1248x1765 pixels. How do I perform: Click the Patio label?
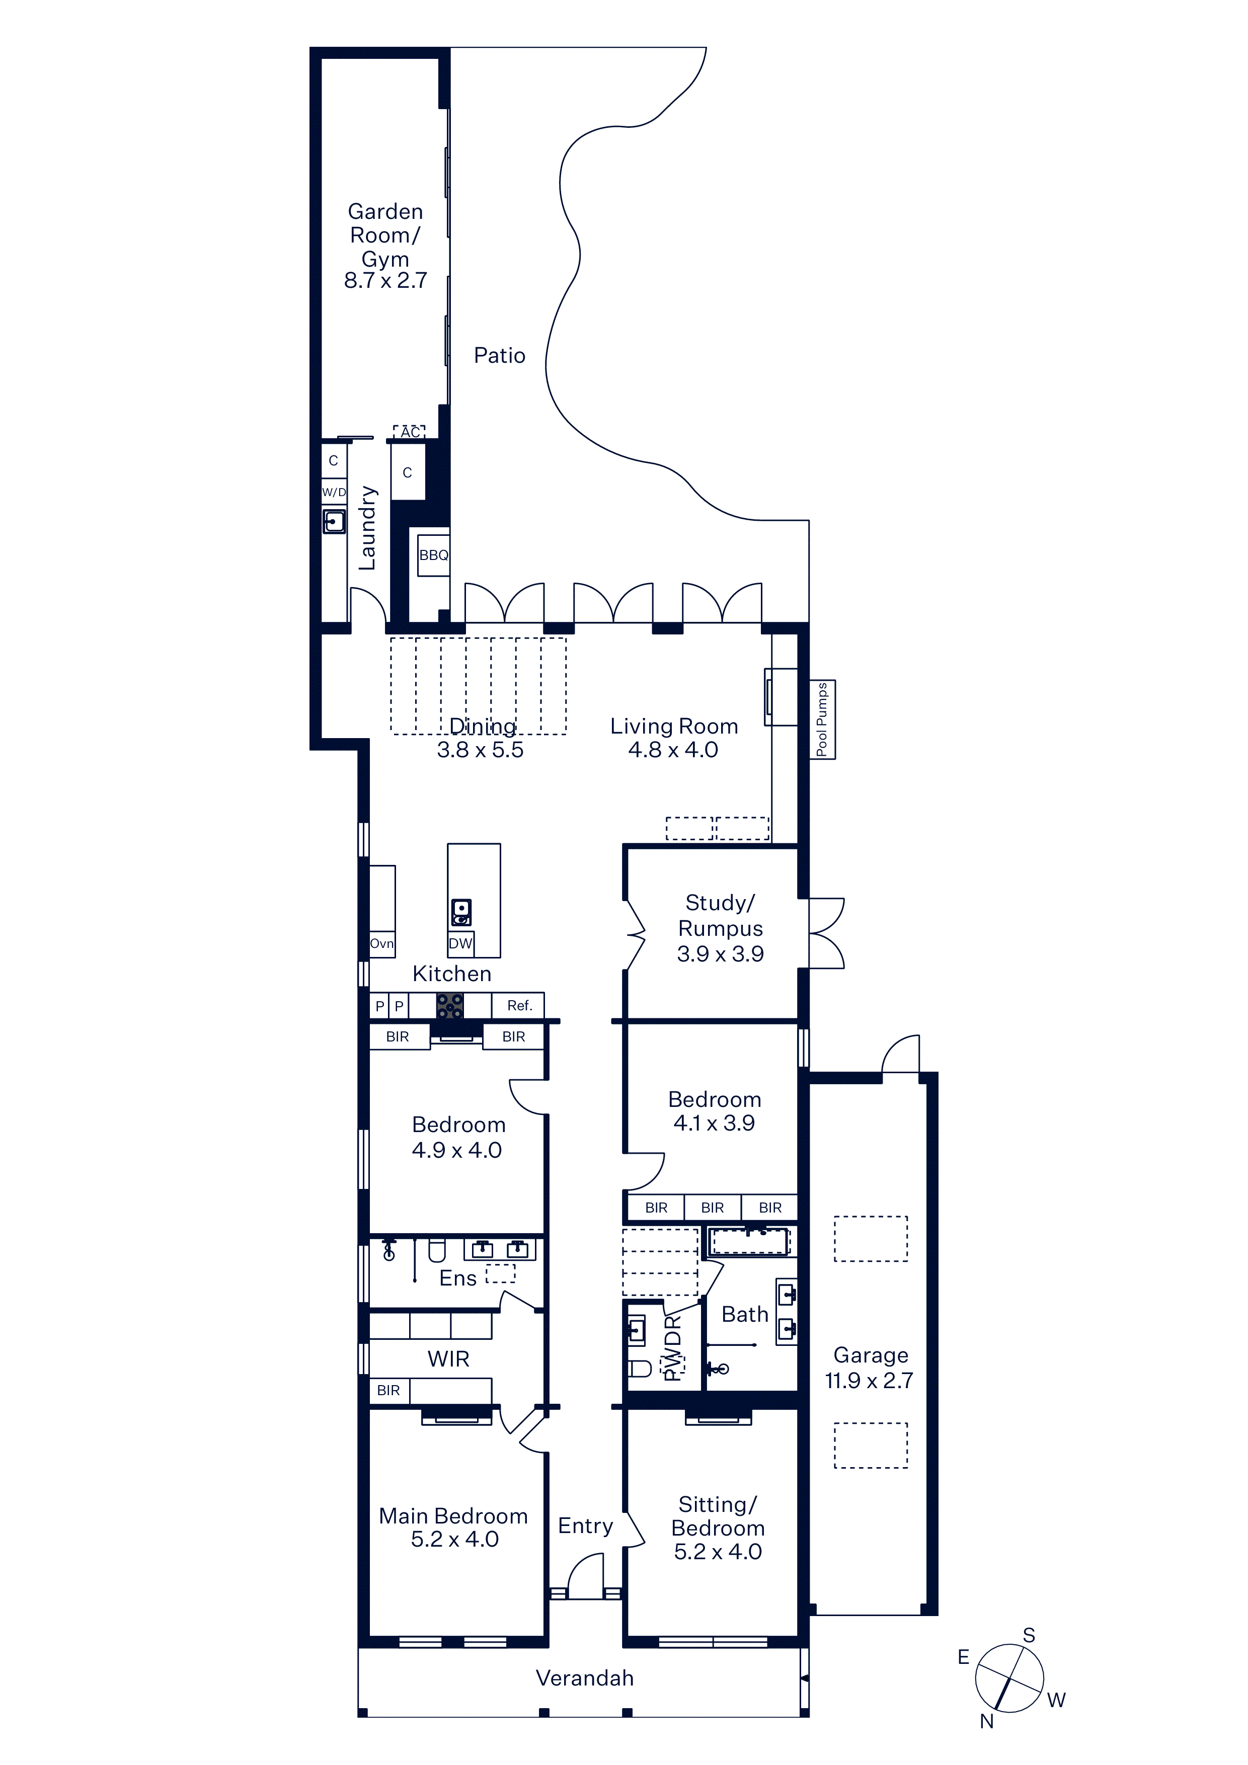pos(499,355)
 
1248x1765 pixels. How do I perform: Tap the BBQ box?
pos(434,555)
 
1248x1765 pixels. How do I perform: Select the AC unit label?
pos(410,432)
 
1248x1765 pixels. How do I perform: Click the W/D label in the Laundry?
pos(334,492)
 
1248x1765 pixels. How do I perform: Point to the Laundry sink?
pos(334,521)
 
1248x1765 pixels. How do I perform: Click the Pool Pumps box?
pos(822,719)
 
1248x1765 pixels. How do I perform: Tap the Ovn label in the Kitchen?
pos(382,943)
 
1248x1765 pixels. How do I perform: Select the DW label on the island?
pos(460,943)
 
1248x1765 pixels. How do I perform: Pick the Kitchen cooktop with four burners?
pos(450,1005)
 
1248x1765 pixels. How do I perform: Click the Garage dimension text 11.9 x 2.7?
pos(869,1381)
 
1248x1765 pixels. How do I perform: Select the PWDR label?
pos(673,1347)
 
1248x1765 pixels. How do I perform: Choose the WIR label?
pos(448,1359)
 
